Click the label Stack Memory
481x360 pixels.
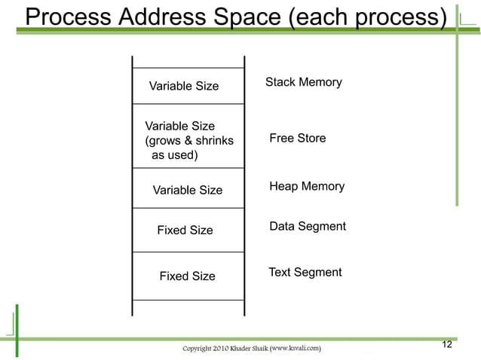point(304,82)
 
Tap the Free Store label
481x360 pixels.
point(298,139)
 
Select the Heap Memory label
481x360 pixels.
point(307,186)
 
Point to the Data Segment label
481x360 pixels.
point(308,226)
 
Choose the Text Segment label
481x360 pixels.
point(305,272)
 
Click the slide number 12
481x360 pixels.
point(446,345)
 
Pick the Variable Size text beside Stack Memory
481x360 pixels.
point(184,86)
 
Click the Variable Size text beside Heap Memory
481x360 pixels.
point(188,191)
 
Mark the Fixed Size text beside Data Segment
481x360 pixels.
point(185,230)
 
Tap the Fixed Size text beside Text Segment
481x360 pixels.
point(187,276)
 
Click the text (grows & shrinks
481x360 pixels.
point(188,141)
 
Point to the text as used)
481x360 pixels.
point(175,156)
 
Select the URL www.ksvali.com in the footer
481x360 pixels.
point(296,348)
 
